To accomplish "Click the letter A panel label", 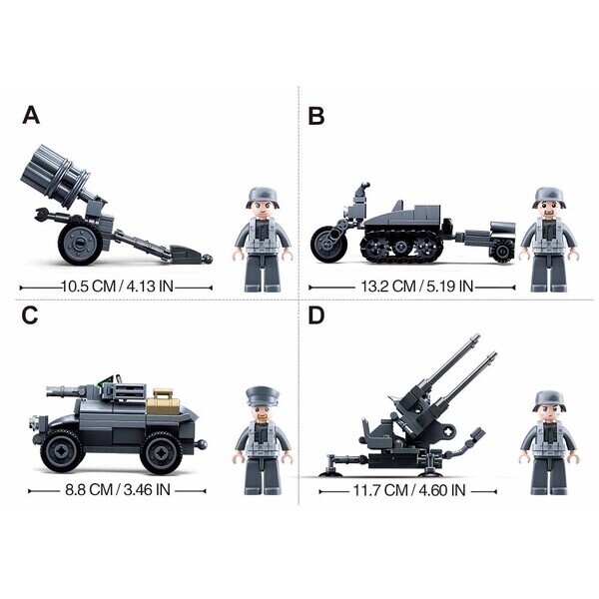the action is [x=31, y=115].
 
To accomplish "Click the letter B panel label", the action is [x=316, y=116].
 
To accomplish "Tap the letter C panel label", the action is [x=30, y=315].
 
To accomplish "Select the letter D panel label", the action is [x=316, y=315].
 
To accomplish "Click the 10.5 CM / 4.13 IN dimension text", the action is [x=117, y=287].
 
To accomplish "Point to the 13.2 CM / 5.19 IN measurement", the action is [x=417, y=287].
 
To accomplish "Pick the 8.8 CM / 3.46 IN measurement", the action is [x=118, y=490].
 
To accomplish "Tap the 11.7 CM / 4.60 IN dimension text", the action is [x=409, y=490].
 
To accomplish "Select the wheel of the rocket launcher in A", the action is [x=80, y=244].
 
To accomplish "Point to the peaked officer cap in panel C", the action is [x=263, y=396].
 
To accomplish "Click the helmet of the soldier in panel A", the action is [x=263, y=197].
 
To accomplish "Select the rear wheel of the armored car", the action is [x=162, y=452].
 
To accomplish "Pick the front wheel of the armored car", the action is [x=62, y=451].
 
